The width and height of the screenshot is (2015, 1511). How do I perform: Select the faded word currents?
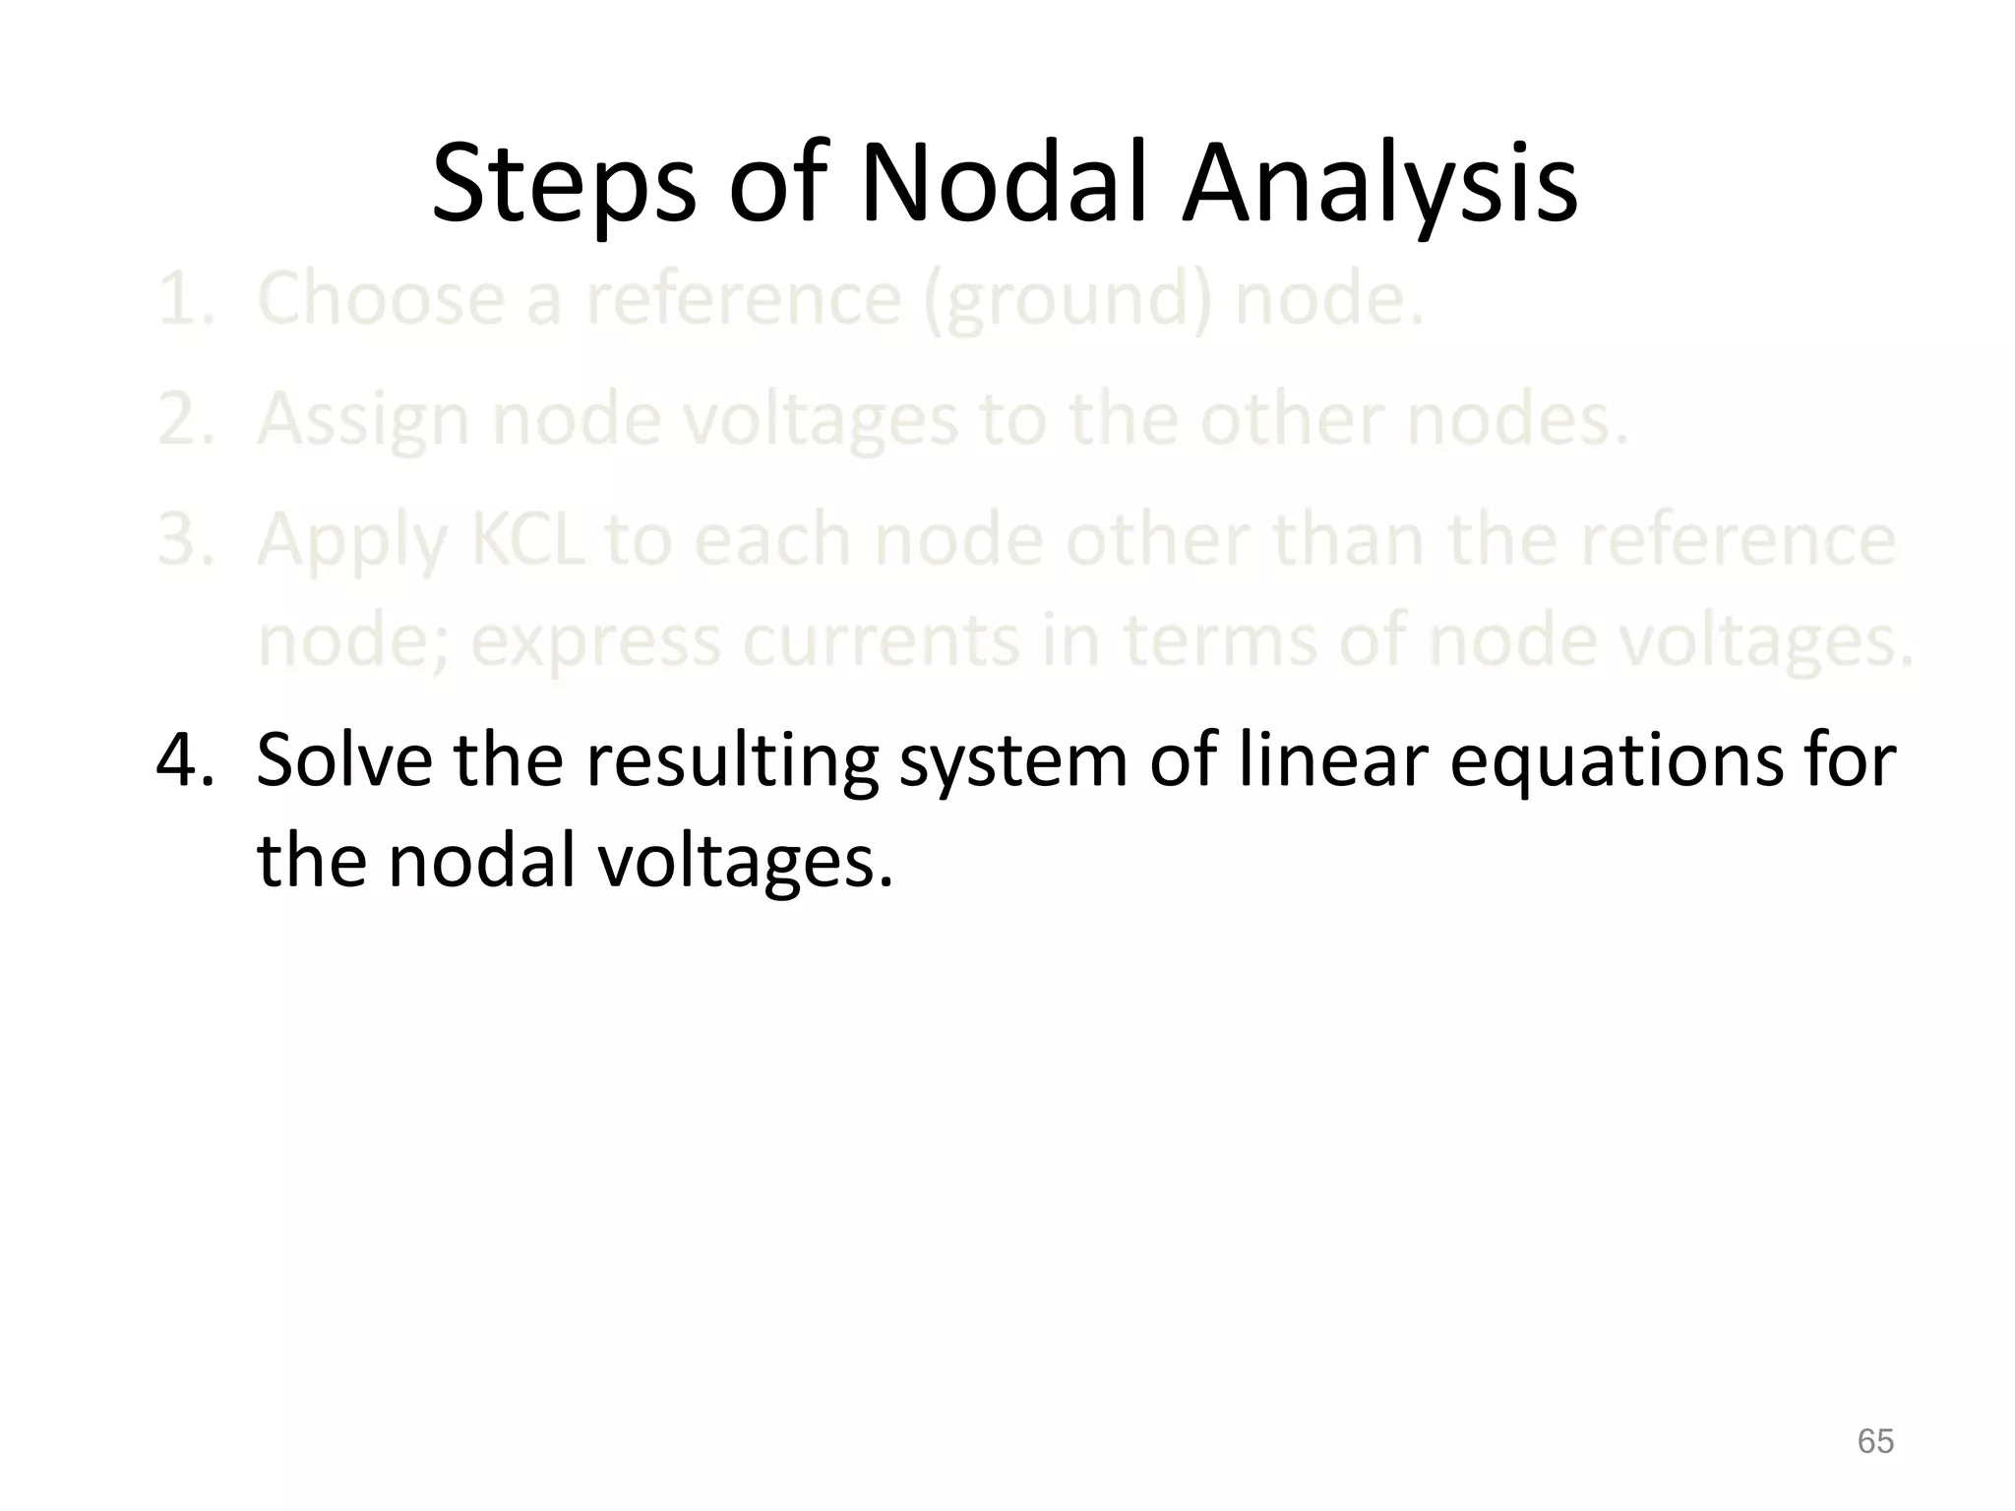click(881, 639)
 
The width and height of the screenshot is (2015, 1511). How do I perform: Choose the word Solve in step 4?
click(343, 760)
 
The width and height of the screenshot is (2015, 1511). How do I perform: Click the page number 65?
click(1875, 1441)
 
